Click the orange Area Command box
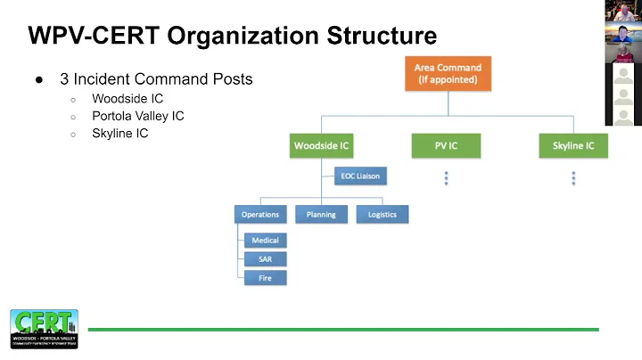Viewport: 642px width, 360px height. click(x=448, y=73)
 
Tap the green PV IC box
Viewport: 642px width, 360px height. click(x=446, y=145)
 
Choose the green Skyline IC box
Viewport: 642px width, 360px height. click(x=572, y=145)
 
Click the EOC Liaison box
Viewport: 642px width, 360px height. click(x=360, y=176)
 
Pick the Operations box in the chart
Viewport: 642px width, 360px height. click(x=260, y=214)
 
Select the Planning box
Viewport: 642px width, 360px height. click(x=321, y=214)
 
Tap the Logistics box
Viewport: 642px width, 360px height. click(x=382, y=214)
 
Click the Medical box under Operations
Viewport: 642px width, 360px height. click(x=265, y=240)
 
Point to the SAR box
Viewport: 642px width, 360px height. click(x=265, y=259)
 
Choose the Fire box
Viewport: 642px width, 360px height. click(x=265, y=278)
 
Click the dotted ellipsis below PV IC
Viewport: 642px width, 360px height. click(x=446, y=178)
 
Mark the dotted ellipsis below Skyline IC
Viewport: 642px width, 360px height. click(x=573, y=178)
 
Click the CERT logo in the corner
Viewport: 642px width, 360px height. click(x=44, y=328)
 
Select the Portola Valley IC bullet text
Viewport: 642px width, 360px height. click(x=138, y=116)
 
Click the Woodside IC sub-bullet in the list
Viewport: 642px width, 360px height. click(x=128, y=98)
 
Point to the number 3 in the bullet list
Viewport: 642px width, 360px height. click(x=64, y=79)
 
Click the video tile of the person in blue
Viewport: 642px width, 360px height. click(x=622, y=33)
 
